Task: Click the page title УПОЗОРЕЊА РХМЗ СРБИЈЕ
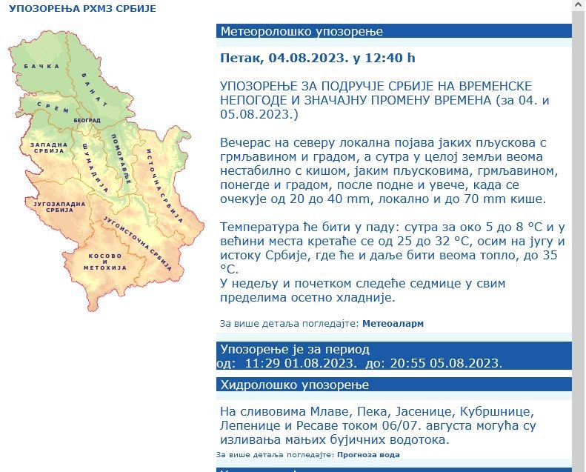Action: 82,10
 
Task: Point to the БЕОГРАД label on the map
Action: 87,120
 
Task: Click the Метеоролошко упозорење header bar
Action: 393,31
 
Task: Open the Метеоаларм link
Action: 393,324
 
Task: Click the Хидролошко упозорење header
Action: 393,385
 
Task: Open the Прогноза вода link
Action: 368,455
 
